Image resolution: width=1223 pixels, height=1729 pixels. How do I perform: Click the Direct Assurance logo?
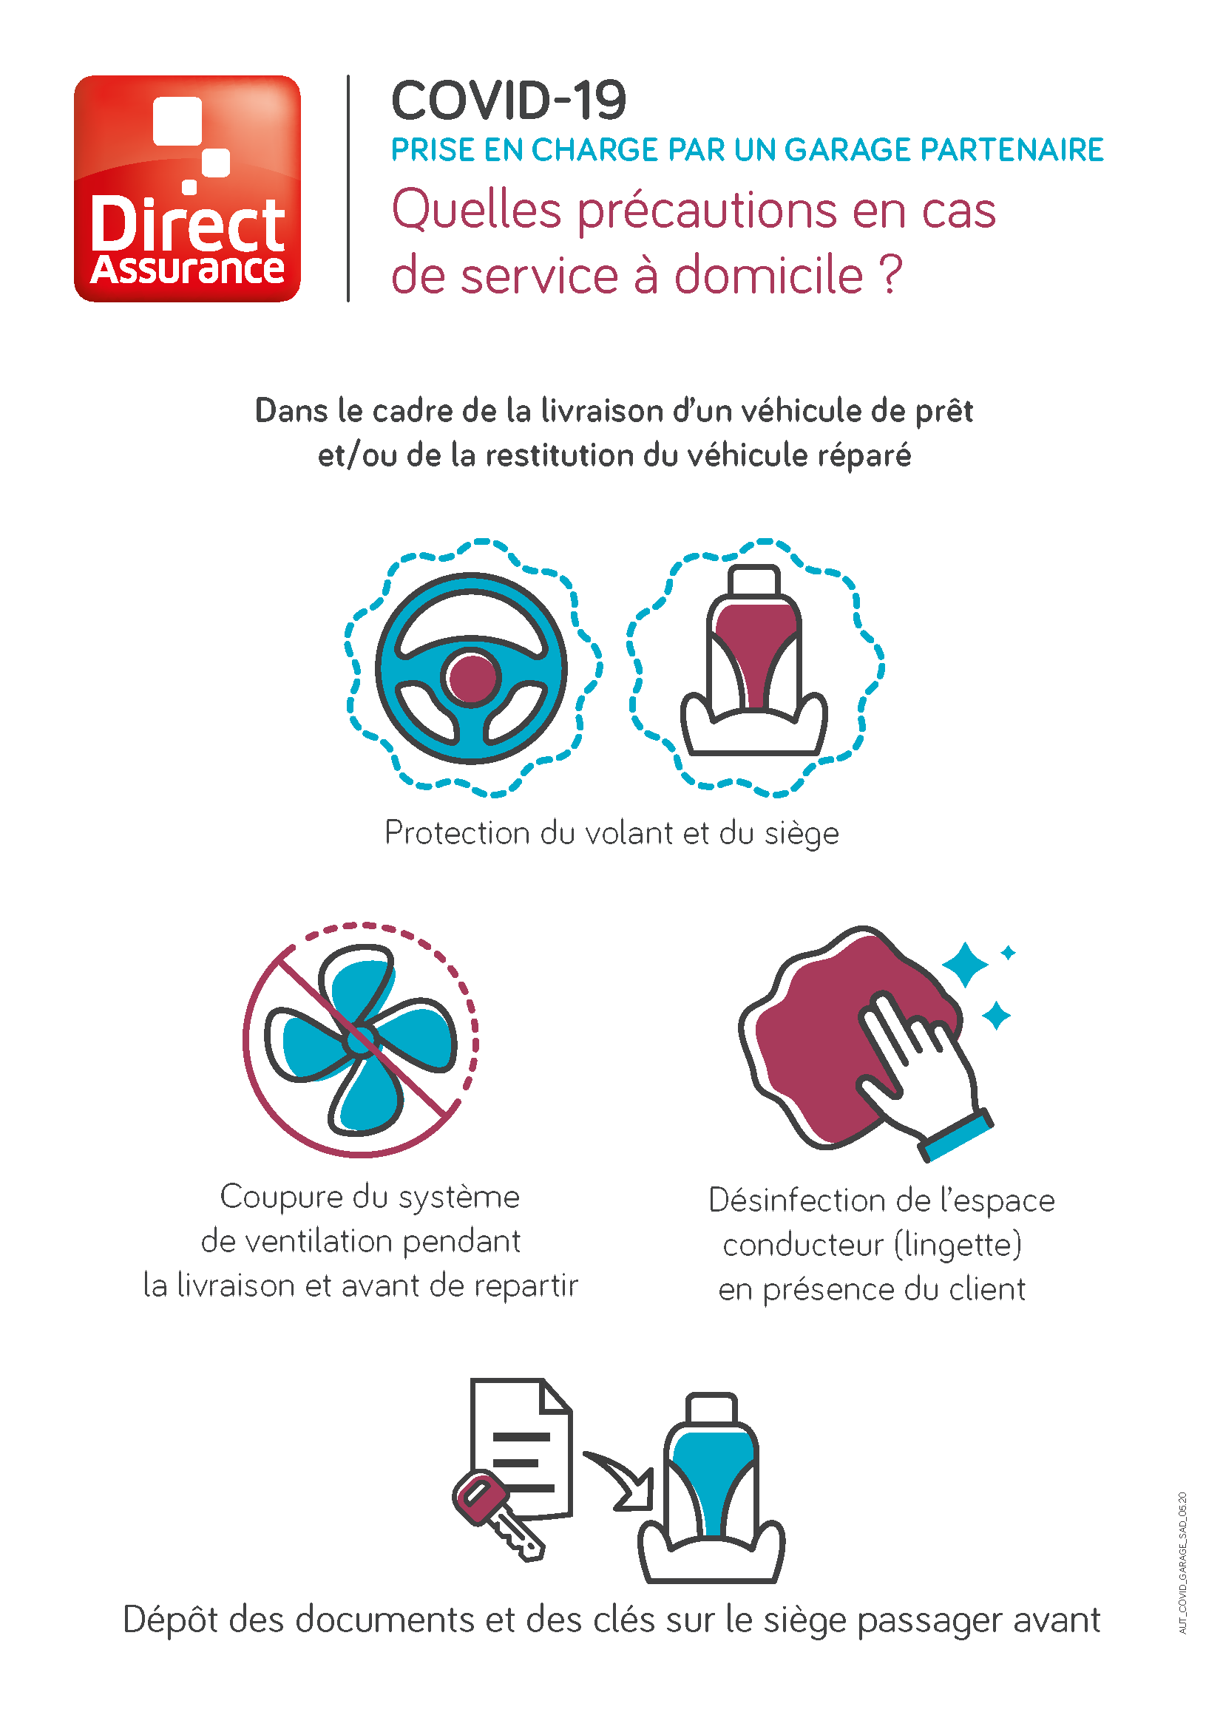pos(187,188)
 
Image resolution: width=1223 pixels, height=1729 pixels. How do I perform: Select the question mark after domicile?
pos(890,275)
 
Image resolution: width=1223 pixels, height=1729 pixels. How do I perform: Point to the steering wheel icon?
pos(472,668)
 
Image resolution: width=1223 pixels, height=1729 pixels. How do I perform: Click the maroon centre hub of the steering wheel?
pos(472,677)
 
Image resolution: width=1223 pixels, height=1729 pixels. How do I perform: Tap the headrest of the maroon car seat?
pos(753,580)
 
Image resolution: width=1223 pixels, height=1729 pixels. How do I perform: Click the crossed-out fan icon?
pos(361,1040)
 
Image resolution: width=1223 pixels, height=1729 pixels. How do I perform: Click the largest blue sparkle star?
pos(965,964)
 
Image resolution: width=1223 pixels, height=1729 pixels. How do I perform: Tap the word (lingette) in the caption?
pos(958,1244)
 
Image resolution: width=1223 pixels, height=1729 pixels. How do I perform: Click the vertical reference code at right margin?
pos(1182,1563)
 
